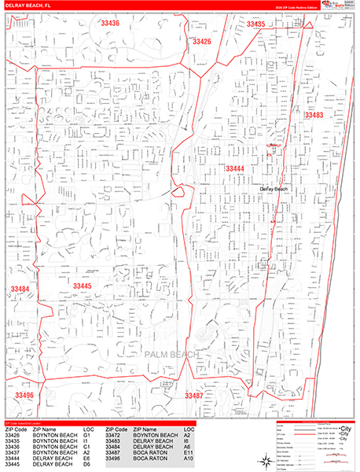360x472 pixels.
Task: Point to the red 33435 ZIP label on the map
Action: pyautogui.click(x=255, y=25)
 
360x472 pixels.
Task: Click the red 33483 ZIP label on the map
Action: pyautogui.click(x=313, y=116)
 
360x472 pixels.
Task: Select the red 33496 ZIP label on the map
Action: pyautogui.click(x=24, y=395)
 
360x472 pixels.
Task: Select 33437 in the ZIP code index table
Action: pyautogui.click(x=15, y=452)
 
